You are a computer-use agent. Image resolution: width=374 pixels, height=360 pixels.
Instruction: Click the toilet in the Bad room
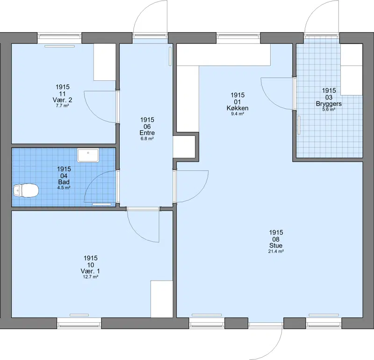26,191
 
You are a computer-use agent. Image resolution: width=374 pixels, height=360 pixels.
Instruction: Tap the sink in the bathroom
88,155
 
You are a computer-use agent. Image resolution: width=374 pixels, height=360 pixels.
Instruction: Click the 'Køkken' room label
237,108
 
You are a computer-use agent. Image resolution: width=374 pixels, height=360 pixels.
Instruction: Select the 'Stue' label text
276,246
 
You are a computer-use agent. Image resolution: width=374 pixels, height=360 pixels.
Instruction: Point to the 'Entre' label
147,133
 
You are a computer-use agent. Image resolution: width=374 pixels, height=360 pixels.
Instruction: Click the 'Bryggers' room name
329,104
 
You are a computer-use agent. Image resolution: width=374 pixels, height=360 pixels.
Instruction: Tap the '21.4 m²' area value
276,251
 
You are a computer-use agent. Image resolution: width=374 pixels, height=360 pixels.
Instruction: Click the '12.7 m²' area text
91,277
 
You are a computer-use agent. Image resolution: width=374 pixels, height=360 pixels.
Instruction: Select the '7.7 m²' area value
62,106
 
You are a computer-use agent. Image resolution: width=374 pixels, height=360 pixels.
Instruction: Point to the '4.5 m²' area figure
64,188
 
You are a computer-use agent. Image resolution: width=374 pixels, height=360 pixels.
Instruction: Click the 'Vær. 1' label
90,271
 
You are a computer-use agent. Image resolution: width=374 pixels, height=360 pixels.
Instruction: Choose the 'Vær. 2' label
62,100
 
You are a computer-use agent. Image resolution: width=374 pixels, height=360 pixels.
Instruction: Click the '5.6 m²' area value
329,109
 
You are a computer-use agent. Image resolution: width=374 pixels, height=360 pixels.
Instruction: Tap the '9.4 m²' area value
237,114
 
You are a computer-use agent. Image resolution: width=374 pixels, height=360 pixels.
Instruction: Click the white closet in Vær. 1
162,299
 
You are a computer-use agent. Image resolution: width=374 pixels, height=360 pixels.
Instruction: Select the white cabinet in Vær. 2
105,62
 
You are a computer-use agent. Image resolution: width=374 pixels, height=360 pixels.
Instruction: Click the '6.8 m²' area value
147,138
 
